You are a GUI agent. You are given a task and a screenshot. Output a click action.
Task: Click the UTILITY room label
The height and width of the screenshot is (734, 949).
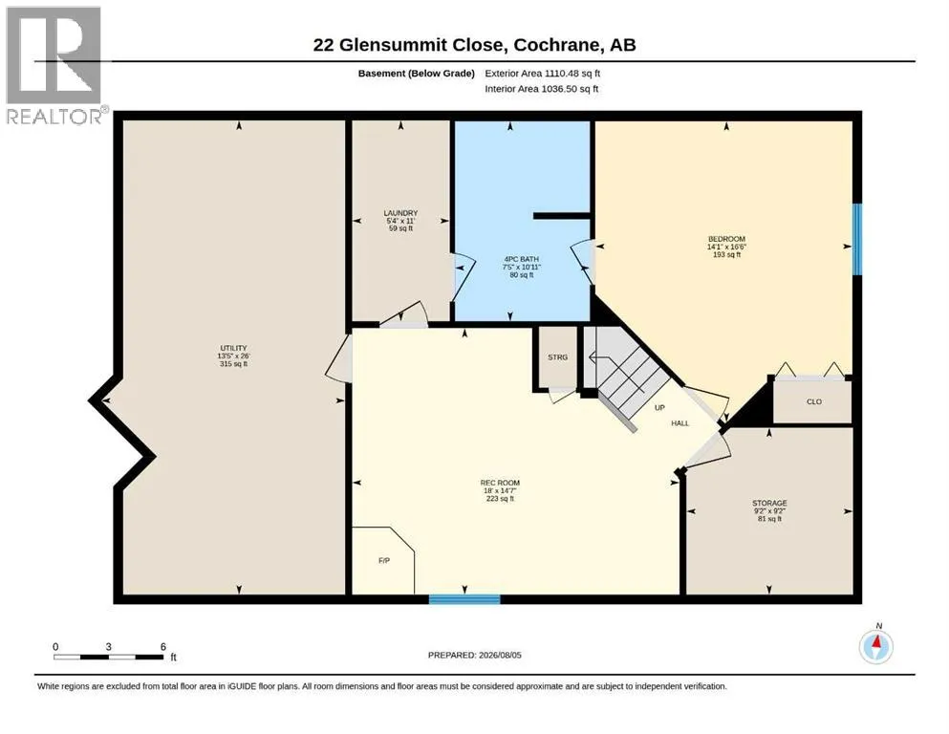(x=233, y=348)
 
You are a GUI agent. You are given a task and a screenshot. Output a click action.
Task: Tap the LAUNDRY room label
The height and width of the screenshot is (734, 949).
(x=400, y=213)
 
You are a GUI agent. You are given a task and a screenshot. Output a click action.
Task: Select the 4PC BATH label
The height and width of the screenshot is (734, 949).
(x=521, y=259)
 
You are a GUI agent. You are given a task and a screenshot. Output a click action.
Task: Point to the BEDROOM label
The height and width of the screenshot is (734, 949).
(x=726, y=239)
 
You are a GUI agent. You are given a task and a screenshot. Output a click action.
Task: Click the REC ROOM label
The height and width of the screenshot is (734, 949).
(x=500, y=483)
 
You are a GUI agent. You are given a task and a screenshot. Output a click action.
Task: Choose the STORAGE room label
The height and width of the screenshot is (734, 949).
(x=769, y=503)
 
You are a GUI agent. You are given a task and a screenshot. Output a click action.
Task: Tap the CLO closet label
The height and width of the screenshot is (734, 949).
(x=814, y=401)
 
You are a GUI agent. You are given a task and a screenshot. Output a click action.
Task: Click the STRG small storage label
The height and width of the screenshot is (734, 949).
(x=557, y=357)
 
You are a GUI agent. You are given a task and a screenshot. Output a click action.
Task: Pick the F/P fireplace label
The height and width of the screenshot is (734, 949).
(x=384, y=561)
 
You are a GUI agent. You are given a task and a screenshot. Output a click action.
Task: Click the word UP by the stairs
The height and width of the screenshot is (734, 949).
(x=659, y=408)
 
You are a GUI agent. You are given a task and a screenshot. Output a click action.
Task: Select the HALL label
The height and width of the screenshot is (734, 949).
(x=679, y=423)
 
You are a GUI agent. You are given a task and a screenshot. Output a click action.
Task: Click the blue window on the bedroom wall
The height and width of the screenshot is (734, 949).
(x=857, y=240)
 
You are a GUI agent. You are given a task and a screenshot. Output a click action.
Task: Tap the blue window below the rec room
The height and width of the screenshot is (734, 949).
(x=464, y=599)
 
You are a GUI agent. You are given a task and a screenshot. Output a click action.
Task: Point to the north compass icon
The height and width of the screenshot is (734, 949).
(x=875, y=646)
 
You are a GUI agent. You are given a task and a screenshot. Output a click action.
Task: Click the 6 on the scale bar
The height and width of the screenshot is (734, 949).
(x=162, y=647)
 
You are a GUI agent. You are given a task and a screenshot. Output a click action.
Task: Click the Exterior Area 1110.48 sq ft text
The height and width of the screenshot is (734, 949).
(x=542, y=74)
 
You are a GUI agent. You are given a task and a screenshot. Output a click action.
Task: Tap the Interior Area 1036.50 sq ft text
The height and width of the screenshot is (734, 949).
(x=542, y=89)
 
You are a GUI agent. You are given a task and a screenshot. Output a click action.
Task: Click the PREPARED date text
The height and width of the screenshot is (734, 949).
(x=474, y=656)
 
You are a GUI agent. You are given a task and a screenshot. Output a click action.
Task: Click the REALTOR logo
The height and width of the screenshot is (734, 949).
(x=54, y=65)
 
